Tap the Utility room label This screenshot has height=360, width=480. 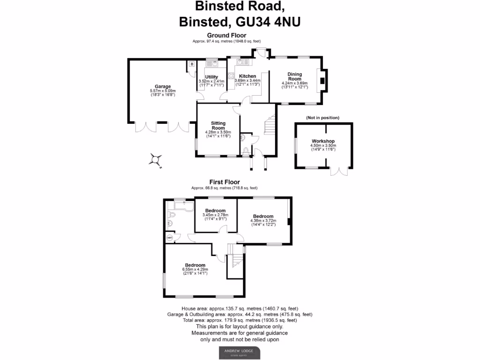tap(211, 76)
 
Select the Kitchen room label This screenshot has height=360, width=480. tap(247, 76)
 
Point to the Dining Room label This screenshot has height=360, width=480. tap(294, 76)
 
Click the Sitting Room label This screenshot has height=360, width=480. tap(218, 125)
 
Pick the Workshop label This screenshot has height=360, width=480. tap(323, 141)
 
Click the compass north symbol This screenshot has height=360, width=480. tap(155, 160)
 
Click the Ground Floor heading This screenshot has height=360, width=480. tap(226, 36)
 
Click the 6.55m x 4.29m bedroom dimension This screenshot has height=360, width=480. tap(195, 270)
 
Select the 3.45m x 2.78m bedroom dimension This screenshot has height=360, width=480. tap(215, 215)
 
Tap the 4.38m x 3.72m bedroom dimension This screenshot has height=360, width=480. tap(263, 221)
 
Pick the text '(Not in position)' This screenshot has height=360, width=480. tap(322, 117)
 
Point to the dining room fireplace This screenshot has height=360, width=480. tap(322, 80)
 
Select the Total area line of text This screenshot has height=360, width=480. tap(240, 320)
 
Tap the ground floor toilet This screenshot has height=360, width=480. tap(247, 150)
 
